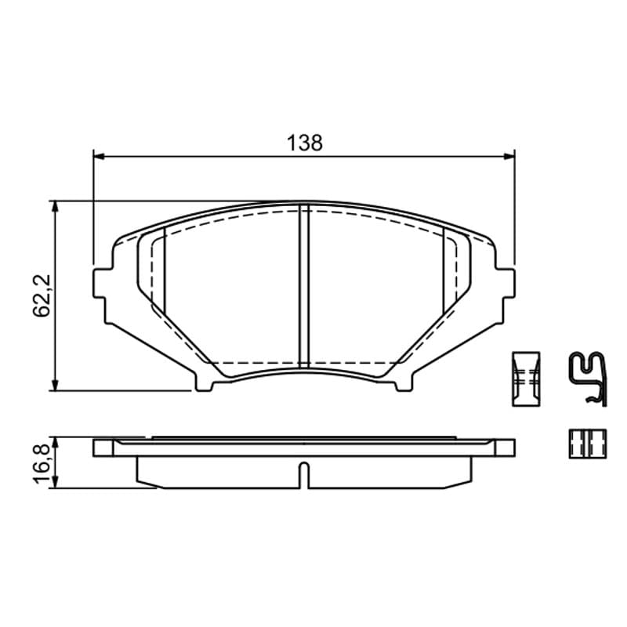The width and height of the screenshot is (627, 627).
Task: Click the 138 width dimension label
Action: [305, 143]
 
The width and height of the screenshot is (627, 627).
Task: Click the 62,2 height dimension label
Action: [42, 295]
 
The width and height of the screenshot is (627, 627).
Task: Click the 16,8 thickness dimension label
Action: [42, 463]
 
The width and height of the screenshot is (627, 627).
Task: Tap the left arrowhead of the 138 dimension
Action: [99, 156]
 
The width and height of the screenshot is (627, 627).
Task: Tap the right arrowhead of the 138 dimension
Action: [509, 156]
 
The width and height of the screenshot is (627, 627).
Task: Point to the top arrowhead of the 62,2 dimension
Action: [55, 207]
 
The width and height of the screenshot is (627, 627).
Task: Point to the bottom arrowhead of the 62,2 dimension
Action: [55, 385]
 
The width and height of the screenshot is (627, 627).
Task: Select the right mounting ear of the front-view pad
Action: [505, 284]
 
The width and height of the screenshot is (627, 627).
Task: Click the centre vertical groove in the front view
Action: [304, 285]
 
